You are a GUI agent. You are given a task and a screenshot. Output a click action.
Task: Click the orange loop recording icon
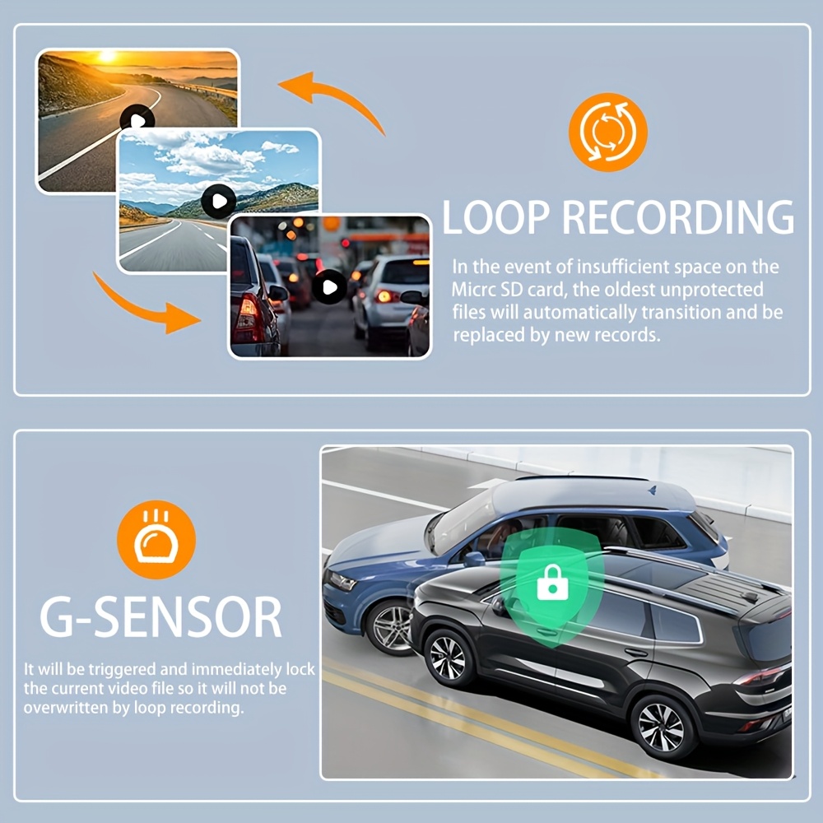(x=608, y=133)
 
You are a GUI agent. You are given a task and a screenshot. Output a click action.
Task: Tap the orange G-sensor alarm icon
(x=156, y=540)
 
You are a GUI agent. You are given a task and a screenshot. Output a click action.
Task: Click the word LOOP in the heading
(x=495, y=216)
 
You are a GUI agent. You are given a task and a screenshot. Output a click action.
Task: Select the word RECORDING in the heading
(x=678, y=216)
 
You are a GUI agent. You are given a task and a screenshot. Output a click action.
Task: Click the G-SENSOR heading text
(x=160, y=617)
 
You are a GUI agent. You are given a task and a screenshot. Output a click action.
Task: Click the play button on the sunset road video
(x=137, y=120)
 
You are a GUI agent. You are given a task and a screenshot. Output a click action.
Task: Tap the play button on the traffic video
(x=330, y=286)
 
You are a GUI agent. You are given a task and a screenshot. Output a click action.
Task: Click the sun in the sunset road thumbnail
(x=108, y=56)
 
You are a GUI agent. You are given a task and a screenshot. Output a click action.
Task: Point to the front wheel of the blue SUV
(x=390, y=628)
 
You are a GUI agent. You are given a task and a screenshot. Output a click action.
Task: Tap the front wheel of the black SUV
(x=448, y=658)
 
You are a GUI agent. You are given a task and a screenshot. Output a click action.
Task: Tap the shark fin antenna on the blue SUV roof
(x=653, y=491)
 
